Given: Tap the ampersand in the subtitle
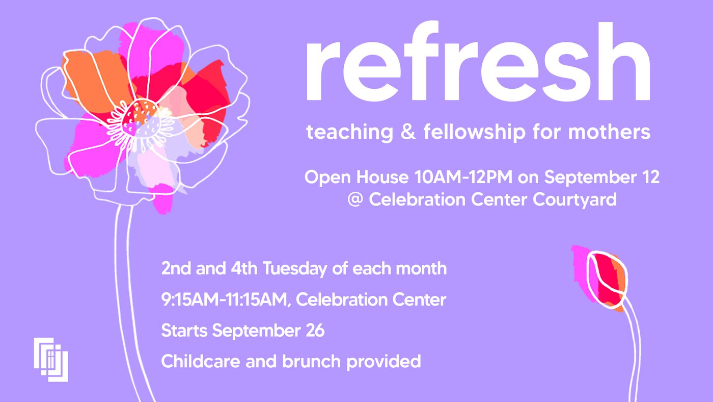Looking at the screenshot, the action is (408, 132).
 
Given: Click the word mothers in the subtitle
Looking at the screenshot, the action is (609, 132).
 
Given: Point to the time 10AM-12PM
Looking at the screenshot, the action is (463, 177).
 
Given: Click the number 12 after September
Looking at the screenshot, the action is (650, 177).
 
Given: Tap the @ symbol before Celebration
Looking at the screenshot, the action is (355, 199).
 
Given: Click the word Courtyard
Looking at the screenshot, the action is (575, 200).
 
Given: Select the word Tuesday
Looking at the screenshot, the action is (295, 269).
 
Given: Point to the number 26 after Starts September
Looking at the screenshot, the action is (315, 330).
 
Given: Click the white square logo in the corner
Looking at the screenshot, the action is (51, 360).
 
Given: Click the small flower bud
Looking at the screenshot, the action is (600, 278).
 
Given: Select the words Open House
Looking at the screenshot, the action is (356, 178).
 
